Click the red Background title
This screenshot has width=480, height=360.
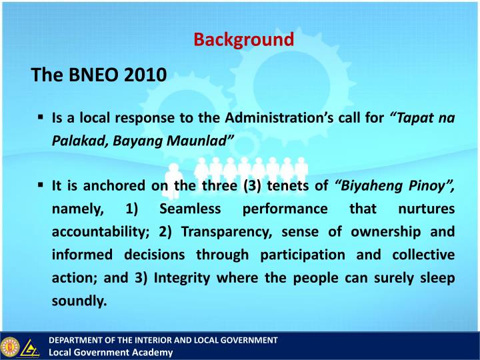click(x=243, y=39)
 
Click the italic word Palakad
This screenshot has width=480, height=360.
click(x=77, y=141)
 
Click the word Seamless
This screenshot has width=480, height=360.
click(x=191, y=209)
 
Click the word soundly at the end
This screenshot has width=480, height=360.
click(x=79, y=301)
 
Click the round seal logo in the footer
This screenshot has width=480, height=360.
click(x=10, y=347)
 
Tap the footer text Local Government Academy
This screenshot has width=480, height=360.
click(x=111, y=353)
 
